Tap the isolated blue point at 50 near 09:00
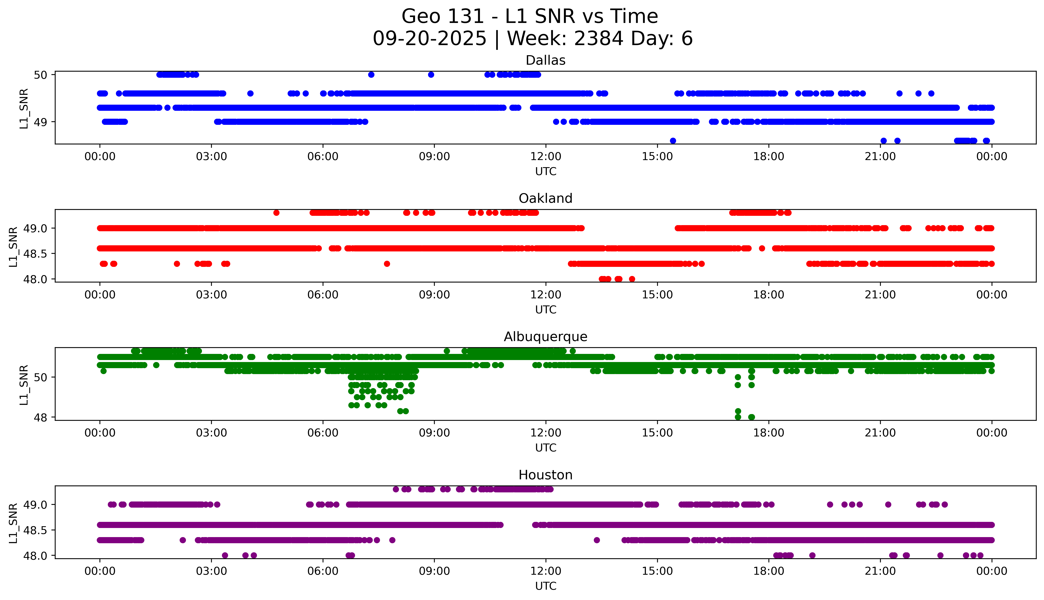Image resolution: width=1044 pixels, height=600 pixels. point(431,75)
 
